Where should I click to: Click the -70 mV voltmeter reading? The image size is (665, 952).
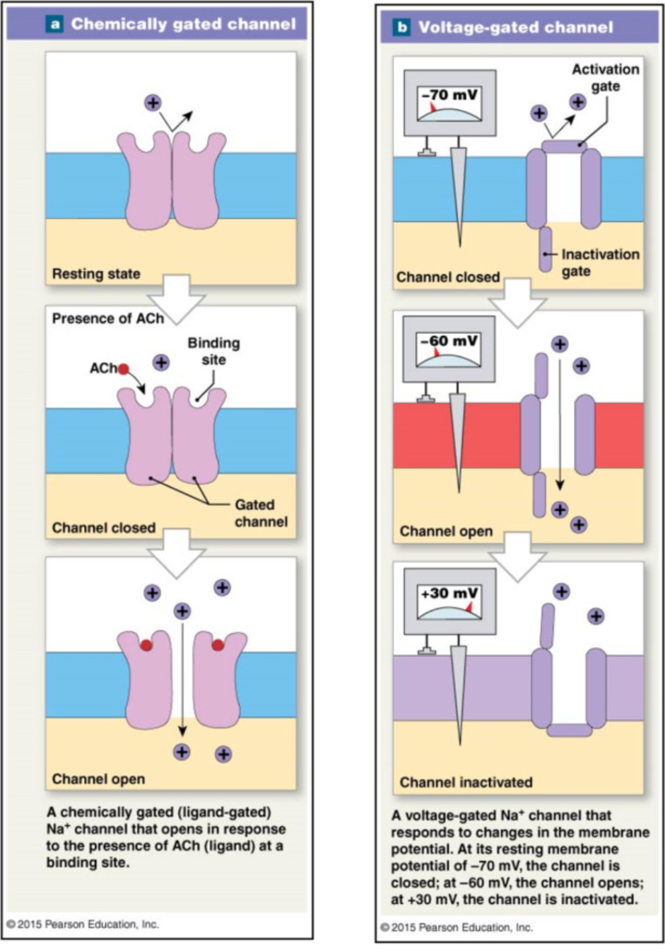[x=449, y=95]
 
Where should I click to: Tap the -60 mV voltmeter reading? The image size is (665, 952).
[x=449, y=341]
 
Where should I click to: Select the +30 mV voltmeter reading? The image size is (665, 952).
[x=449, y=593]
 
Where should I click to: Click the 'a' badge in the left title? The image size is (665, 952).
[x=56, y=24]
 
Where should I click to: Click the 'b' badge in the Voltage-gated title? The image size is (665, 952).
[x=401, y=28]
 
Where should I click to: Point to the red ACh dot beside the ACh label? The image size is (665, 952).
[x=124, y=368]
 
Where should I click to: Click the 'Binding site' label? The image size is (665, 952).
[x=213, y=352]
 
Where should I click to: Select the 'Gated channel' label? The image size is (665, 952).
[x=260, y=513]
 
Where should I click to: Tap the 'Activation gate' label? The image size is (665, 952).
[x=605, y=78]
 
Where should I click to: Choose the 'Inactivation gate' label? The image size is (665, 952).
[x=599, y=262]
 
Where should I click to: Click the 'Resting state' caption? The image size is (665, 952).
[x=96, y=274]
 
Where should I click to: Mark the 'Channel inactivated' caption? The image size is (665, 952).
[x=466, y=782]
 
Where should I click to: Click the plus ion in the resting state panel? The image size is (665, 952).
[x=153, y=103]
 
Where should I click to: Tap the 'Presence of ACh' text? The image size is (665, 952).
[x=107, y=318]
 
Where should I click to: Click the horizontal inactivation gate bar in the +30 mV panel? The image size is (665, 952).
[x=569, y=730]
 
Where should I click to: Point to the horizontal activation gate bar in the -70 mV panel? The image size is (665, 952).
[x=563, y=146]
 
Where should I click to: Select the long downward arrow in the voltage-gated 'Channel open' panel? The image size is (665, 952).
[x=560, y=424]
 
